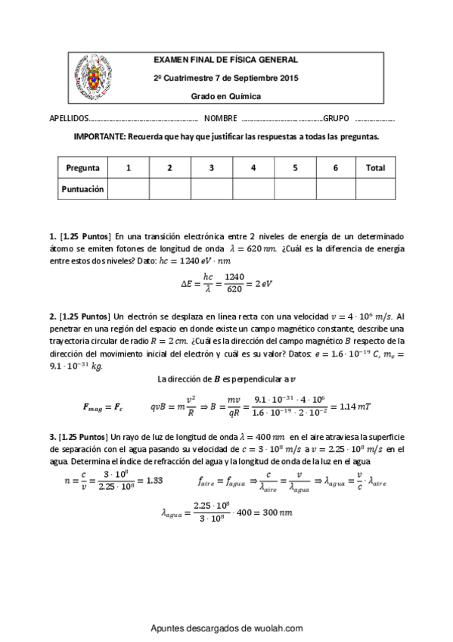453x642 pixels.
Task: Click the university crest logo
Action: [95, 77]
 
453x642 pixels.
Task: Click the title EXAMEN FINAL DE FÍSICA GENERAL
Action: [225, 60]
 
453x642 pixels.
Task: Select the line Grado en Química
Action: [225, 96]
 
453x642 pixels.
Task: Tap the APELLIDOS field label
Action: [69, 120]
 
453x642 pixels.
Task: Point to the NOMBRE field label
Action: [220, 120]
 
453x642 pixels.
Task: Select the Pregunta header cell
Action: [82, 168]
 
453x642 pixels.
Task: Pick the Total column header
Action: [375, 168]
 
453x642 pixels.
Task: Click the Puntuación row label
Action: [82, 189]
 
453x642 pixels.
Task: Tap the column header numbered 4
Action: [253, 168]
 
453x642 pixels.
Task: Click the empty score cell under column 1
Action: [128, 189]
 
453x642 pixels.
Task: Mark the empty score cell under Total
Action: [375, 189]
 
